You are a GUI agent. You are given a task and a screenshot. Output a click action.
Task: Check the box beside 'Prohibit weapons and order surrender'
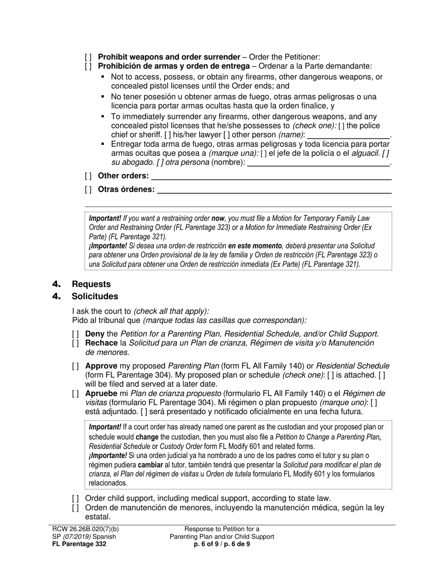point(88,57)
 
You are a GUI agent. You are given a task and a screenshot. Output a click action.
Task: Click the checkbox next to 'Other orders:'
point(88,176)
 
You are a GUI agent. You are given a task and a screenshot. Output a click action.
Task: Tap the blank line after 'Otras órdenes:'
point(274,190)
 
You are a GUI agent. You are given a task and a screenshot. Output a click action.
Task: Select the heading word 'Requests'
point(91,284)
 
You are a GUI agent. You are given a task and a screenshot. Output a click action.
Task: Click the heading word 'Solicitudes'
point(95,296)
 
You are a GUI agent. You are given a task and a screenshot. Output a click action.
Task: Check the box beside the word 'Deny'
point(75,334)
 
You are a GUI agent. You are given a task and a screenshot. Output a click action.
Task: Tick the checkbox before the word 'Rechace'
point(75,343)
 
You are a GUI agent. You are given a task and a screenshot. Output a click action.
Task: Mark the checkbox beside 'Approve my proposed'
point(75,366)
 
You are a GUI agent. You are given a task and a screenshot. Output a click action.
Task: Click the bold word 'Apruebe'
point(101,394)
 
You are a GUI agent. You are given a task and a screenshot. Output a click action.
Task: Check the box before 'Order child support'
point(75,498)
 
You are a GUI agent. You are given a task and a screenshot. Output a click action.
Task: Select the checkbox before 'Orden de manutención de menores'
point(75,508)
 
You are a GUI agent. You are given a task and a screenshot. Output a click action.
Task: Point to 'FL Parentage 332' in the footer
point(79,544)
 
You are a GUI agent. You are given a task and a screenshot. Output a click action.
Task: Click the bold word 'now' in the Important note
point(218,218)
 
